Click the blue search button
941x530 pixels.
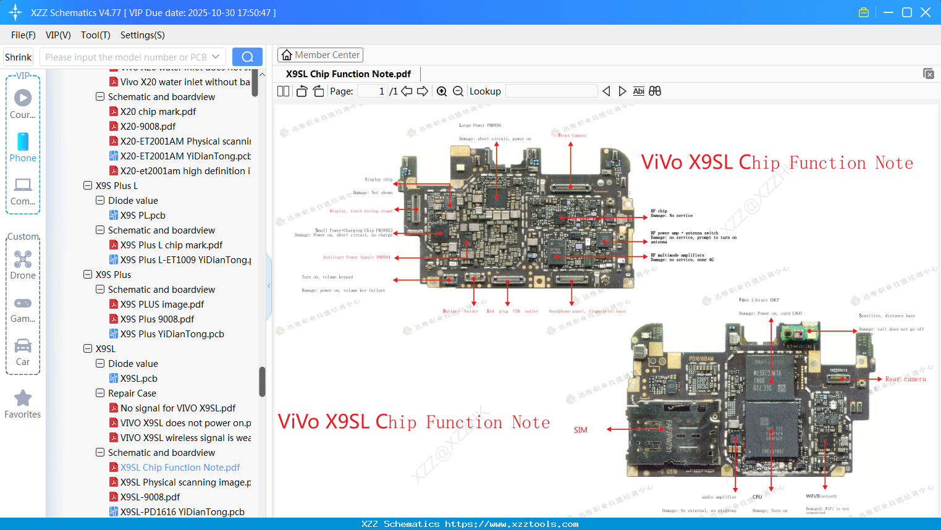[247, 57]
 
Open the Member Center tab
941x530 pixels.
[320, 55]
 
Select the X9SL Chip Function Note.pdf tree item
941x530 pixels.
[180, 468]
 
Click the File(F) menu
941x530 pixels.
[23, 35]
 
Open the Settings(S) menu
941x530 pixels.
[142, 35]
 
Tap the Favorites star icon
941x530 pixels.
[23, 398]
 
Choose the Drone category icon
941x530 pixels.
[23, 259]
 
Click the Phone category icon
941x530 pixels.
[23, 142]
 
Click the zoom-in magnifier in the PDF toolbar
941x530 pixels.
[442, 91]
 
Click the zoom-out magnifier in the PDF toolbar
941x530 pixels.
[458, 91]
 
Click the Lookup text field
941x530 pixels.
[551, 91]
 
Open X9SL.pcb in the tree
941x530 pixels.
[138, 379]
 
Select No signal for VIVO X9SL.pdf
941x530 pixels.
[177, 408]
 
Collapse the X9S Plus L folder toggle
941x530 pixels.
[88, 185]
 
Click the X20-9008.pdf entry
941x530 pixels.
[148, 127]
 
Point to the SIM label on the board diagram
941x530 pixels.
[581, 430]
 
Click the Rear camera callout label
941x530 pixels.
[905, 379]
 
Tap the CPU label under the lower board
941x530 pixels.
[757, 497]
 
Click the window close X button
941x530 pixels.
[926, 12]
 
